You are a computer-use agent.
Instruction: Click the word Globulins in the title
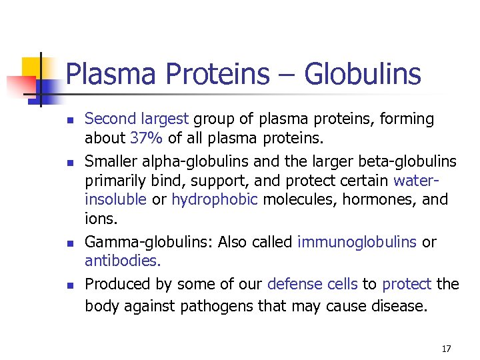tap(363, 74)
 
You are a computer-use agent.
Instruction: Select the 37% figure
tap(145, 138)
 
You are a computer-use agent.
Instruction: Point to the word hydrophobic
tap(214, 200)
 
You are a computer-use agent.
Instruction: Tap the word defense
tap(290, 284)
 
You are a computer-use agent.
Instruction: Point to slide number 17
tap(446, 349)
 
